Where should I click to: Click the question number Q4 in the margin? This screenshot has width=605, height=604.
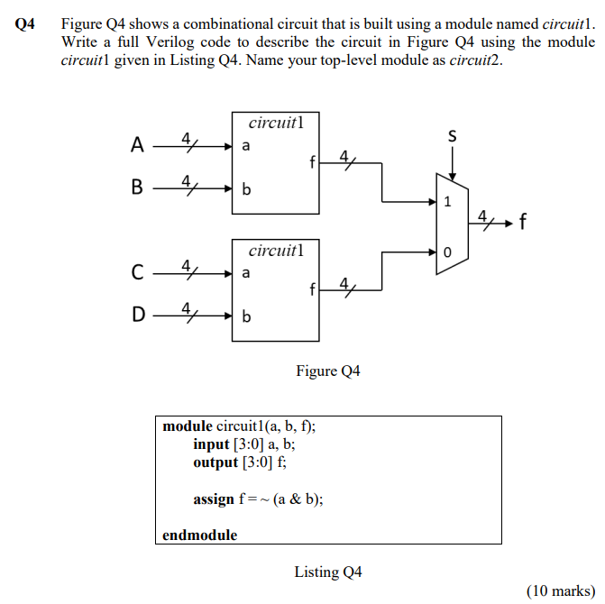point(25,25)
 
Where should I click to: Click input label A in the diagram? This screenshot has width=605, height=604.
point(136,144)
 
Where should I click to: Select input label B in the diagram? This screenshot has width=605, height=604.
point(136,188)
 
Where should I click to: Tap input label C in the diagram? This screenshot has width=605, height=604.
point(136,270)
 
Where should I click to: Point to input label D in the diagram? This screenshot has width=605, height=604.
point(136,316)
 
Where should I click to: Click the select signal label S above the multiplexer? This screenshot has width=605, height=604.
point(452,136)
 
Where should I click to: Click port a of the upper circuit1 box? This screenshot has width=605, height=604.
point(246,145)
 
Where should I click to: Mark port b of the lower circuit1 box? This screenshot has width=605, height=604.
point(246,316)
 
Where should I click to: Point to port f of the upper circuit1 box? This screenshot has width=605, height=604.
point(311,164)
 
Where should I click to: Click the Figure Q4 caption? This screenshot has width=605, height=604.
point(327,371)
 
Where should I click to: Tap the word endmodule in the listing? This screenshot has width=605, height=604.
point(199,535)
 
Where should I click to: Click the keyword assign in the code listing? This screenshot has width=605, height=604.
point(213,499)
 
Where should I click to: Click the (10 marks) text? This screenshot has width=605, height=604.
point(559,590)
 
